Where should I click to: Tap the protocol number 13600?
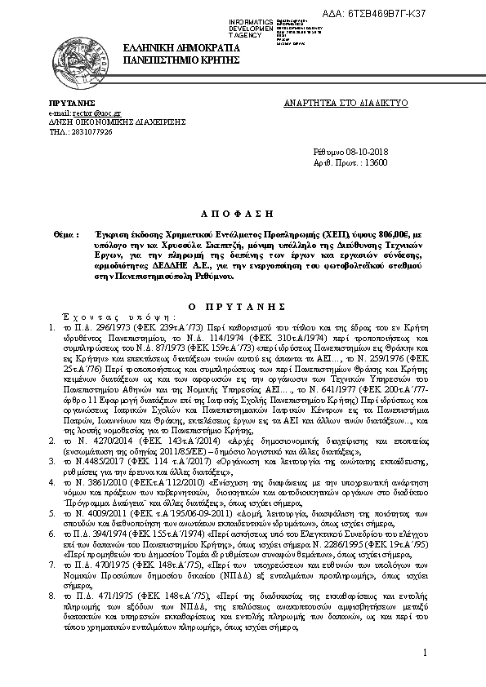point(377,162)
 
